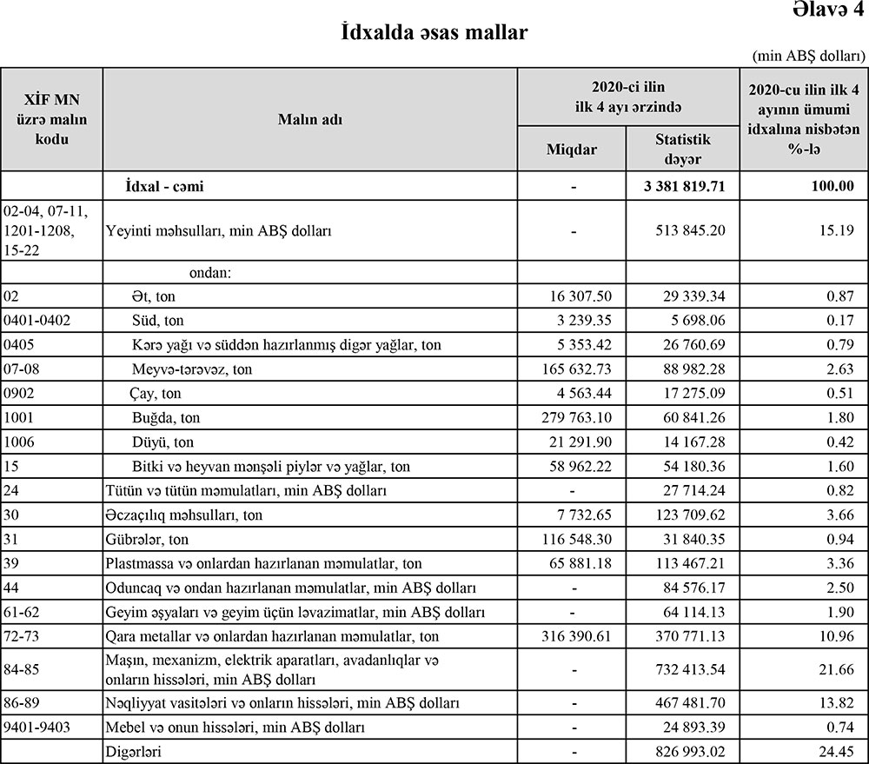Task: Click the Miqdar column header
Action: pos(571,149)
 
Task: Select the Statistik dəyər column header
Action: pos(682,149)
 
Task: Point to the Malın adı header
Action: pos(310,120)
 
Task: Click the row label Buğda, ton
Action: pos(166,418)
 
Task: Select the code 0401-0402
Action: pos(37,320)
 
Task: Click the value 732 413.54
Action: pos(686,670)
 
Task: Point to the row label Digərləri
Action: pos(136,750)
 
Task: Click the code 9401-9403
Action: pos(37,726)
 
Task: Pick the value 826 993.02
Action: pos(686,750)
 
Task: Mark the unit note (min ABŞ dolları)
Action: pos(807,56)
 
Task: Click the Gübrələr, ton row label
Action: pos(146,540)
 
